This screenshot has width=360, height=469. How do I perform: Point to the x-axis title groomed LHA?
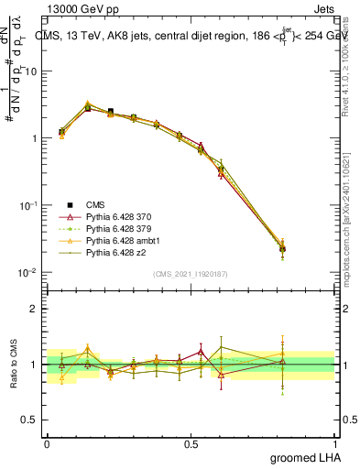[x=303, y=457]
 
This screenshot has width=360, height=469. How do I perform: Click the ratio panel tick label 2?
[x=33, y=309]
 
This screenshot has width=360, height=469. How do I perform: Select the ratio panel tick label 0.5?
[x=29, y=420]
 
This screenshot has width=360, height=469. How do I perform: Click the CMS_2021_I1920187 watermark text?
[x=191, y=274]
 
